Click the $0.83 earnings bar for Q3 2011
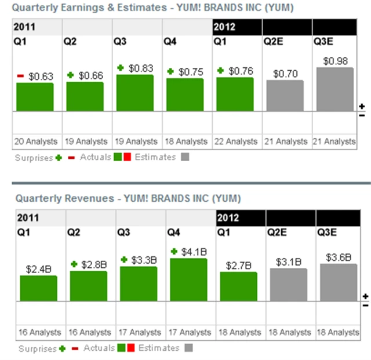pos(135,93)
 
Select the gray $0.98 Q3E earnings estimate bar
pos(334,89)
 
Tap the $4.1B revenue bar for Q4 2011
pos(188,280)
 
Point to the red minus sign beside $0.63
pos(20,76)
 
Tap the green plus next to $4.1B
pos(173,252)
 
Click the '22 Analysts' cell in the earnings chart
pos(238,141)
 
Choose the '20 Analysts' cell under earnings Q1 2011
pos(36,141)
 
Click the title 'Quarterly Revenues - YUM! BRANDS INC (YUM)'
pos(128,198)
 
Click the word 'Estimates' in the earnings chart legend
pos(155,157)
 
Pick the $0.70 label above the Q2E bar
pos(285,74)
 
